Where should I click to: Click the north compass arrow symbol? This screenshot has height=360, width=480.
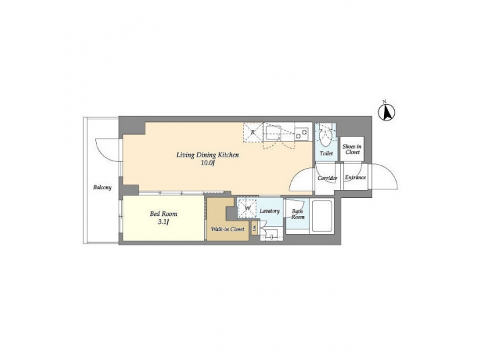click(x=385, y=111)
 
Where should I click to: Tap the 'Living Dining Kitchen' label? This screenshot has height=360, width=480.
click(x=207, y=155)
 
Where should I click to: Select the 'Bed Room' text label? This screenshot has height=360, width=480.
click(x=162, y=214)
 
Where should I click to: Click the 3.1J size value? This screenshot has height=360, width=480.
click(x=162, y=222)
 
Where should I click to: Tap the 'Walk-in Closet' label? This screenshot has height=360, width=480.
click(x=227, y=229)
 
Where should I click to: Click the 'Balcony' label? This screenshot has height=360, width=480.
click(x=102, y=187)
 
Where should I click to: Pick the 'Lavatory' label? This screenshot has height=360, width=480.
click(x=269, y=211)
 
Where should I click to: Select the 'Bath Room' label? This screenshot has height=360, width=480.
click(x=297, y=215)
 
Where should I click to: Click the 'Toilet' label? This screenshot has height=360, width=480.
click(x=326, y=153)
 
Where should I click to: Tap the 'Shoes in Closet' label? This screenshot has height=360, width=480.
click(x=352, y=149)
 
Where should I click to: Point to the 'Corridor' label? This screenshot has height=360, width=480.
click(x=327, y=178)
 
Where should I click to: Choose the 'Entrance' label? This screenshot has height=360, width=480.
click(x=355, y=177)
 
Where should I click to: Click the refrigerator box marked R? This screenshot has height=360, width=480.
click(x=253, y=132)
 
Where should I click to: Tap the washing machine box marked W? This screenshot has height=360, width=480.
click(x=247, y=208)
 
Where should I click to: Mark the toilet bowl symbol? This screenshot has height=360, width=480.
click(x=325, y=138)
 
